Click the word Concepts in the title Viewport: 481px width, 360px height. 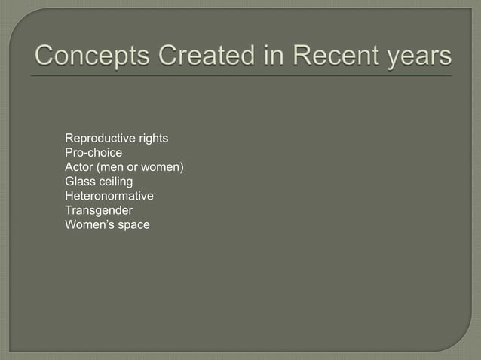[84, 56]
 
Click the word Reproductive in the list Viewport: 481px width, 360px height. [97, 139]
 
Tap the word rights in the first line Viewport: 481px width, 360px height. [151, 139]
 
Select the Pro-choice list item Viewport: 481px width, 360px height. [93, 153]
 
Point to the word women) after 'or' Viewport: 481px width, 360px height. [164, 167]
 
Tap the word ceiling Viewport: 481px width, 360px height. [116, 182]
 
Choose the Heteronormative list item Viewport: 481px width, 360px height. [109, 196]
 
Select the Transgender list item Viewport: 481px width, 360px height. [99, 210]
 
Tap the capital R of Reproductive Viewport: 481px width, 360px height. [69, 139]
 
